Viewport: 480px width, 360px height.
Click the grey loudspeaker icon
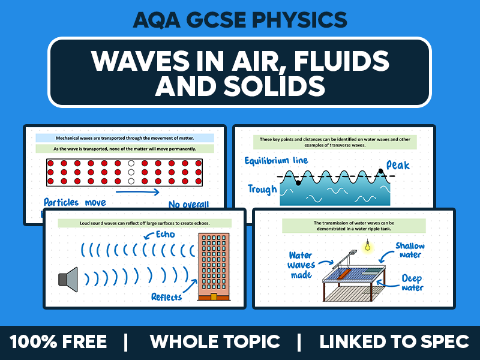coord(68,278)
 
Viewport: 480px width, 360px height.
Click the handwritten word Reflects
coord(167,296)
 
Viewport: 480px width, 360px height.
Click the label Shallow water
coord(410,250)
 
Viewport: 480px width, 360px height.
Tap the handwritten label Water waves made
coord(301,265)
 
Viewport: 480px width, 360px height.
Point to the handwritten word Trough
coord(262,190)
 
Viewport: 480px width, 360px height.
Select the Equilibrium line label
coord(277,161)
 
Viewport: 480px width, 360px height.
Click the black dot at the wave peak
coord(380,172)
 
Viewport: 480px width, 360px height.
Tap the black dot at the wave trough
coord(298,182)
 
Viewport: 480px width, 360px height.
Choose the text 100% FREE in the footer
coord(58,342)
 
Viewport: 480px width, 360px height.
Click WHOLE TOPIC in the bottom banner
coord(215,342)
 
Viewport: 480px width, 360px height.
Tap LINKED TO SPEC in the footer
coord(394,342)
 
